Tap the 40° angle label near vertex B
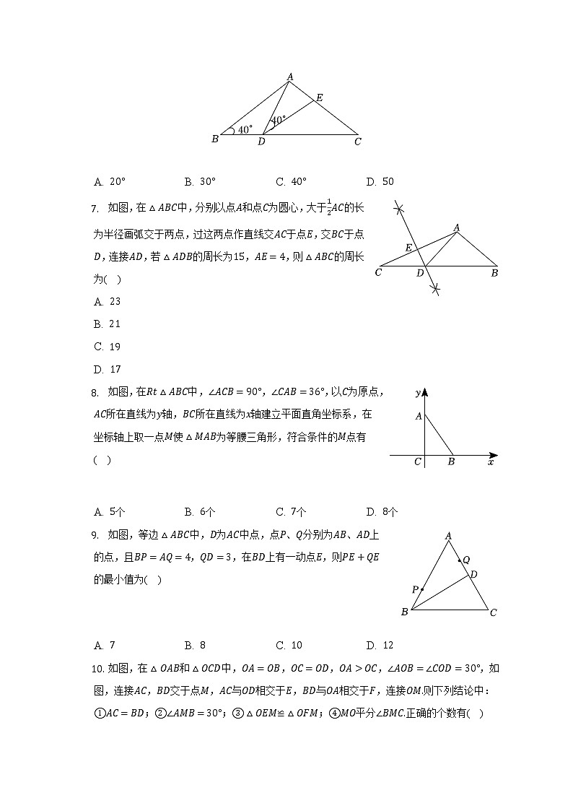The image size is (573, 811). tap(245, 130)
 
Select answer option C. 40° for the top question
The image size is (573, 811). tap(292, 182)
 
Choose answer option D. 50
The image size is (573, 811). tap(380, 182)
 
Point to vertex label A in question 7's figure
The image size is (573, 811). tap(456, 227)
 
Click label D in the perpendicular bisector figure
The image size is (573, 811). tap(420, 273)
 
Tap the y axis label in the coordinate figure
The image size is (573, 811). tap(418, 393)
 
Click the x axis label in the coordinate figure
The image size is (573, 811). tap(491, 461)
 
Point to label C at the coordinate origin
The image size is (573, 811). tap(417, 461)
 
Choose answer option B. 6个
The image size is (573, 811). tap(199, 512)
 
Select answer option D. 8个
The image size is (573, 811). tap(381, 512)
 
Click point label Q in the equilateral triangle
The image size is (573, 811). tap(466, 560)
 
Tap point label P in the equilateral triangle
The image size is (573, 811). tap(415, 590)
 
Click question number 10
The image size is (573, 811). tap(99, 668)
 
